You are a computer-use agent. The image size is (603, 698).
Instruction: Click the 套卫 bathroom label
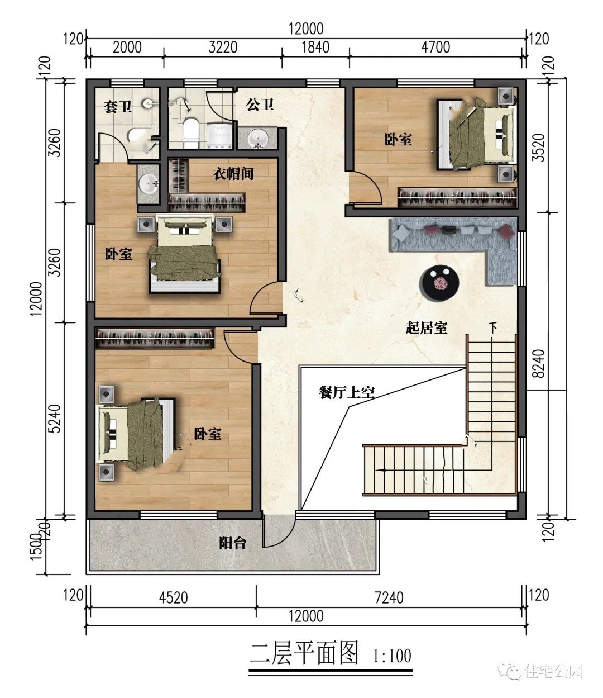tap(117, 107)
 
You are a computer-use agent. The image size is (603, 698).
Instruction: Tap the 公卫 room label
tap(260, 105)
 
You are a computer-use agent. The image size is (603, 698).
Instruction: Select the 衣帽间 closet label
tap(233, 174)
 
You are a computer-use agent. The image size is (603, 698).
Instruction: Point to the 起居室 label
tap(426, 327)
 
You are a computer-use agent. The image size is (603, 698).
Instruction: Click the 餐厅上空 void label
tap(347, 392)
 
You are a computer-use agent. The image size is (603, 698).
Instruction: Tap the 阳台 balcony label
tap(232, 543)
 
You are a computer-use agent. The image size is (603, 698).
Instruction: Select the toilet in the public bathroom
tap(191, 133)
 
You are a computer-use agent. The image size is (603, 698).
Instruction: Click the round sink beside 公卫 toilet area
tap(258, 139)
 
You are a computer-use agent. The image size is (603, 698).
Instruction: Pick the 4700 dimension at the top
tap(435, 48)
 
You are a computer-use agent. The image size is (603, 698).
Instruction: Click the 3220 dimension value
tap(223, 48)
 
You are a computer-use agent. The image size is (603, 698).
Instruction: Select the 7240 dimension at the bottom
tap(389, 598)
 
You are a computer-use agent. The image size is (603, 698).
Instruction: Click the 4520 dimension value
tap(174, 598)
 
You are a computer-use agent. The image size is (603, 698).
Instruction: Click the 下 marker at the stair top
tap(494, 327)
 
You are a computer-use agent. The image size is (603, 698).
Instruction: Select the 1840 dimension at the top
tap(315, 48)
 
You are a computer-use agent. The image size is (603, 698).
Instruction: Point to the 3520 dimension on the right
tap(540, 148)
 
